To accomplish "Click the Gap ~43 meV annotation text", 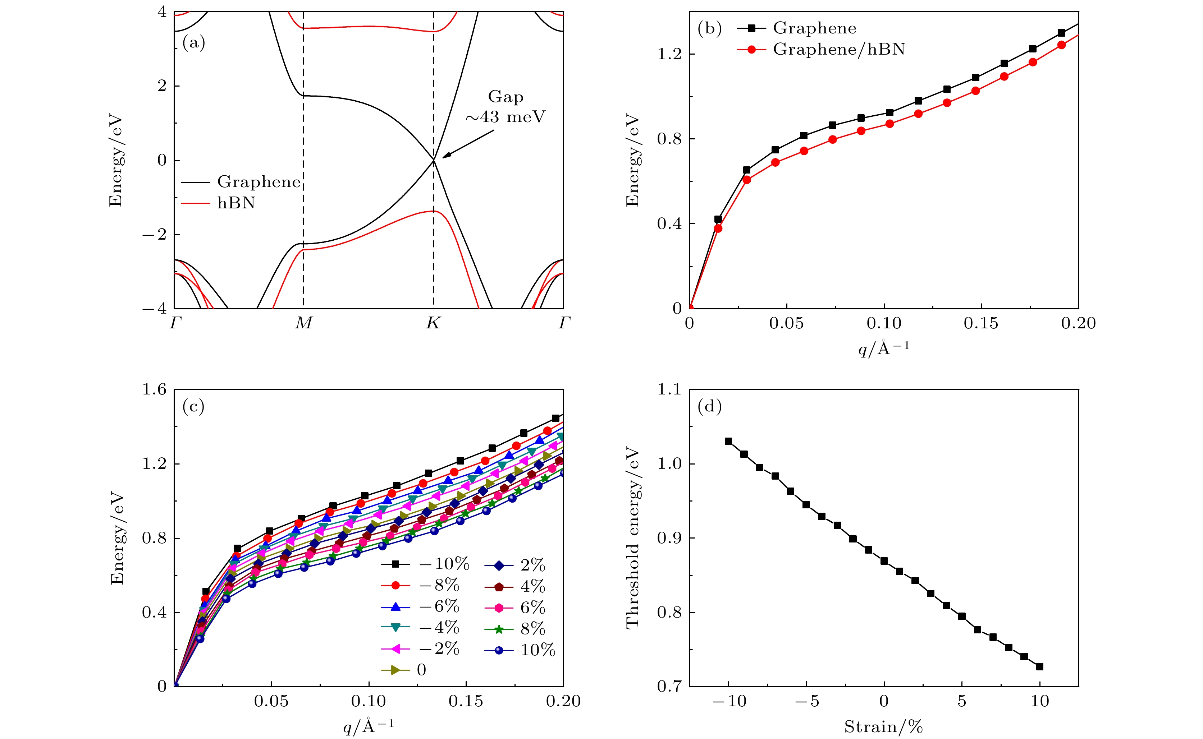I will click(x=505, y=107).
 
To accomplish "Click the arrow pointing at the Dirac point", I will click(x=468, y=144).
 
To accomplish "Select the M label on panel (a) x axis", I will click(x=304, y=323).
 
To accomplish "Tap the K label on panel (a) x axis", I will click(x=433, y=323).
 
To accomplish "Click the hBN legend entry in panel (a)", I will click(x=236, y=203).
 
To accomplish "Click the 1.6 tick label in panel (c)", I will click(x=155, y=389).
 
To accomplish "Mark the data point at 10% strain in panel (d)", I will click(x=1040, y=667).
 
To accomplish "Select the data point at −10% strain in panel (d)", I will click(x=728, y=441).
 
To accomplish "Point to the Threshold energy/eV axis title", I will click(x=633, y=537).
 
